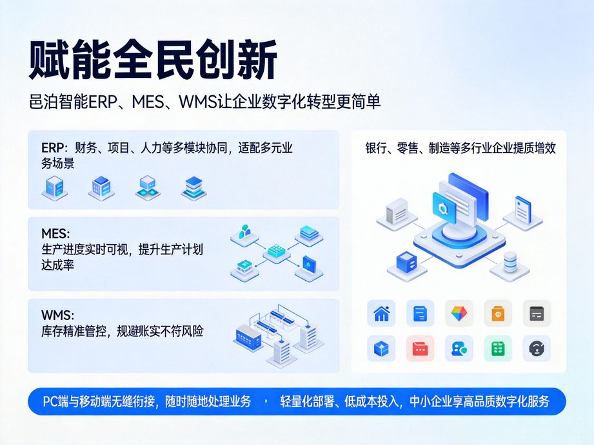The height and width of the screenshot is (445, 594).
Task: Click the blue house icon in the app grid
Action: point(381,313)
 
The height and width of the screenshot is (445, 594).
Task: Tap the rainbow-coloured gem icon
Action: point(459,313)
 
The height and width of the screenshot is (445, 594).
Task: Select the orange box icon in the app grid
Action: point(497,313)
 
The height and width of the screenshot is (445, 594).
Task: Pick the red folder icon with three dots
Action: point(420,348)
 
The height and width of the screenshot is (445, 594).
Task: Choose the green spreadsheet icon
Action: point(497,348)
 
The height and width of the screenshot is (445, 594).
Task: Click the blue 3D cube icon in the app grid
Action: point(381,348)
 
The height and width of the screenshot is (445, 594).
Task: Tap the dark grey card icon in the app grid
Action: point(536,313)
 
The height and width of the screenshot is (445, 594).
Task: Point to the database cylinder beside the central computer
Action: point(510,261)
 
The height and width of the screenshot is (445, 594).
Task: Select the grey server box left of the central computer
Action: point(397,211)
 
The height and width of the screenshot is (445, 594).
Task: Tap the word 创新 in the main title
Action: point(236,61)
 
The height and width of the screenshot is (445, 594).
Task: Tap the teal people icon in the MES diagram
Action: point(244,232)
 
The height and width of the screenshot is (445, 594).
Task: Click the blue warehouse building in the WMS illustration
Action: point(248,336)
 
